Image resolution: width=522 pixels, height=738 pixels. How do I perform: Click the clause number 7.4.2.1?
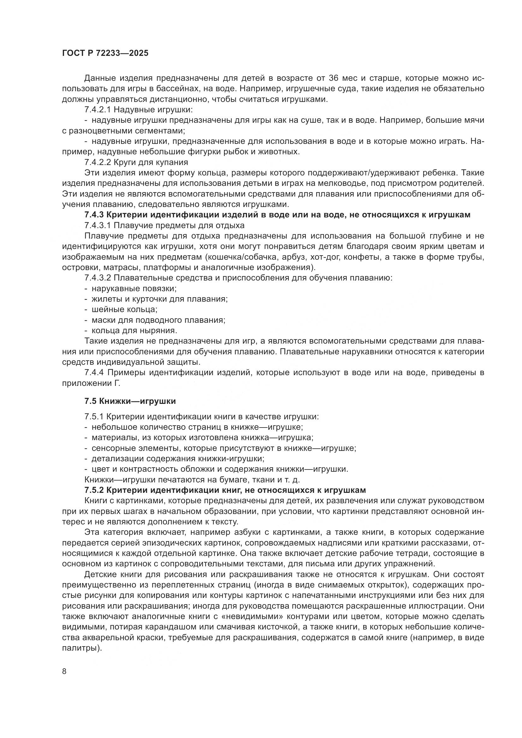[x=98, y=109]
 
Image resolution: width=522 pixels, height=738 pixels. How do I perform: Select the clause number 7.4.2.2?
[x=98, y=162]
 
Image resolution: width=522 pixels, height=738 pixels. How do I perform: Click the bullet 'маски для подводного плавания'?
[x=158, y=320]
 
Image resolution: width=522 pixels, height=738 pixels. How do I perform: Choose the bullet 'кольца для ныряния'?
[x=134, y=331]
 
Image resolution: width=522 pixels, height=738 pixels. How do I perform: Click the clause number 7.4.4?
[x=94, y=373]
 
